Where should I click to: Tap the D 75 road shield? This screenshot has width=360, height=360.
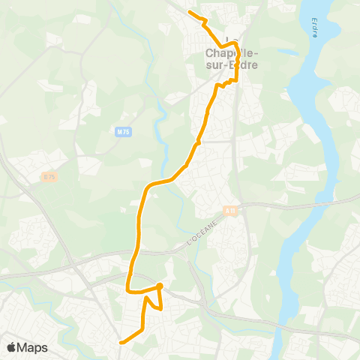coord(49,176)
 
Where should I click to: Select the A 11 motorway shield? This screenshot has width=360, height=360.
coord(230,211)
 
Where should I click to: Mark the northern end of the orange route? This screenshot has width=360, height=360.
coord(189,13)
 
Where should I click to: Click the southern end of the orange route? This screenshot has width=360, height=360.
coord(121,343)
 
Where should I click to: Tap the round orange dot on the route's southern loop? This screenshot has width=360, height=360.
coord(160,286)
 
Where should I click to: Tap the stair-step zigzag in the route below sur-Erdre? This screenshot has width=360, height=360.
coord(224,82)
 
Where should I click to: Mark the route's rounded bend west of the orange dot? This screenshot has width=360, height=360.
coord(129,288)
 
